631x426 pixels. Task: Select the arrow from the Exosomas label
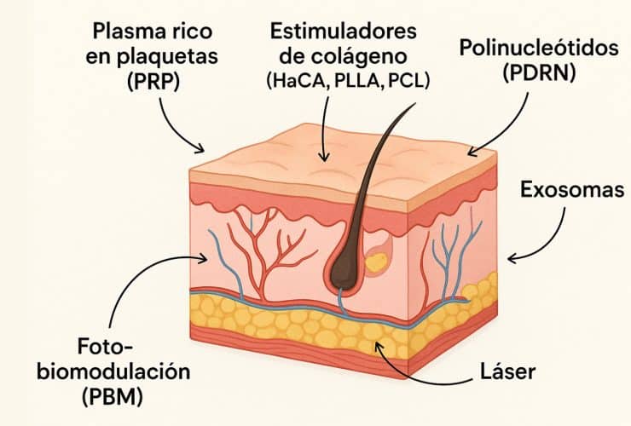coord(546,239)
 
